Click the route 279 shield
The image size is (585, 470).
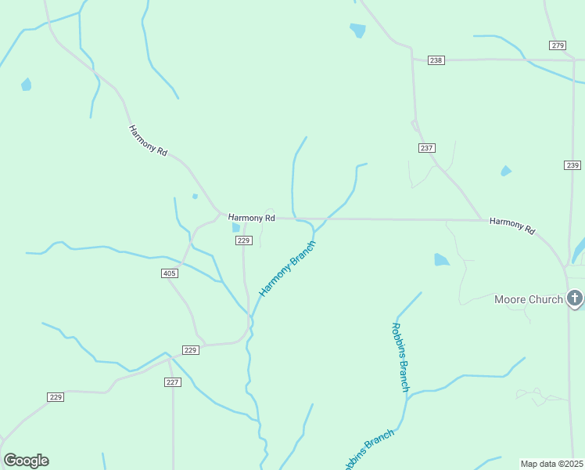[x=557, y=45]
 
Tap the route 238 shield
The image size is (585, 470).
[x=436, y=60]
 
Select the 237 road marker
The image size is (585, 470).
[x=426, y=148]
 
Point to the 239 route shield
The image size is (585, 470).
[x=572, y=164]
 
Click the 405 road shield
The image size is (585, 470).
[x=170, y=273]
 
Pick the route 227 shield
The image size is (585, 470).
[x=173, y=382]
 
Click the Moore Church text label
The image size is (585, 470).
[x=529, y=299]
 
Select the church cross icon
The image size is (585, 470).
[x=575, y=298]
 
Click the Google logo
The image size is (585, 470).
[x=26, y=461]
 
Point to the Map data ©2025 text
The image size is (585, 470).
[x=552, y=464]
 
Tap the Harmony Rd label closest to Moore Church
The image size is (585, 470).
[x=512, y=226]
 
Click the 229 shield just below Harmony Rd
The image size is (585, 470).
[x=242, y=241]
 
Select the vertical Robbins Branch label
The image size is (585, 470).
[x=400, y=357]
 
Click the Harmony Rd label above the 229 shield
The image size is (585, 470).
[x=252, y=217]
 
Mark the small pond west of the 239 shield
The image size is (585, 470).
[x=506, y=171]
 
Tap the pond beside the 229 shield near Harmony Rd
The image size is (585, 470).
[x=235, y=228]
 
